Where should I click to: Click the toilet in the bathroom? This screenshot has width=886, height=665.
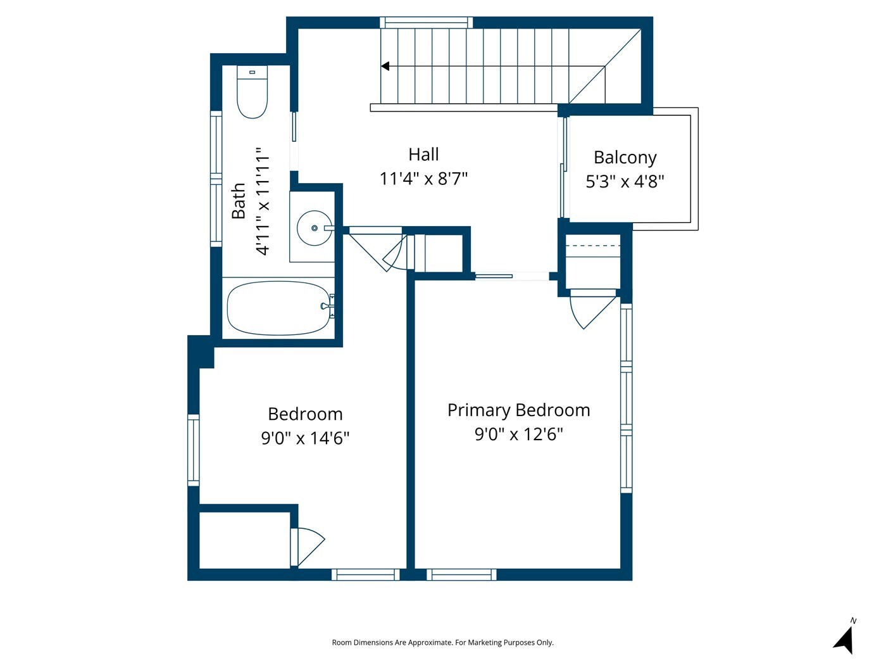coord(252,92)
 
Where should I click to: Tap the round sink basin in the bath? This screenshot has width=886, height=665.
coord(315,228)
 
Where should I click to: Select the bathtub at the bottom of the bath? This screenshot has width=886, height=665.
coord(278,308)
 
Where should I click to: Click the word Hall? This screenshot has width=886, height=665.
coord(423,155)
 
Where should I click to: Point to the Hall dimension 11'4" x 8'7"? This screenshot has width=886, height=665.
coord(423,179)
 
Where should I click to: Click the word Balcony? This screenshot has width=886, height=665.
coord(625,158)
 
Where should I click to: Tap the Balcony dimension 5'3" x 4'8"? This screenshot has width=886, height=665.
coord(625,181)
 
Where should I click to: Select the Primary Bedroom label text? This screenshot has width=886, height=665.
coord(519,410)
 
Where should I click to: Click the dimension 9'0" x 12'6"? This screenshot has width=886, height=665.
coord(519,434)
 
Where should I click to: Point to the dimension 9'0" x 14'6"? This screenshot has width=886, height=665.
coord(305,438)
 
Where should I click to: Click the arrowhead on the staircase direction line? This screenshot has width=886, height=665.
coord(385,66)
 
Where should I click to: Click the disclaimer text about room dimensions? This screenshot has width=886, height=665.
coord(443,642)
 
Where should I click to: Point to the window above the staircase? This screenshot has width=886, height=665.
coord(426,23)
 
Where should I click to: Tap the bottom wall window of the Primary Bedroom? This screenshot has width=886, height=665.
coord(462,574)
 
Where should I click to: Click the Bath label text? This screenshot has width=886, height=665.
coord(239,201)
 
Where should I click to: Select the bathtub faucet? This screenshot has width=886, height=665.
coord(327,307)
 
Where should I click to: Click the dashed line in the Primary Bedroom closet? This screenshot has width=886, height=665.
coord(592,246)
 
